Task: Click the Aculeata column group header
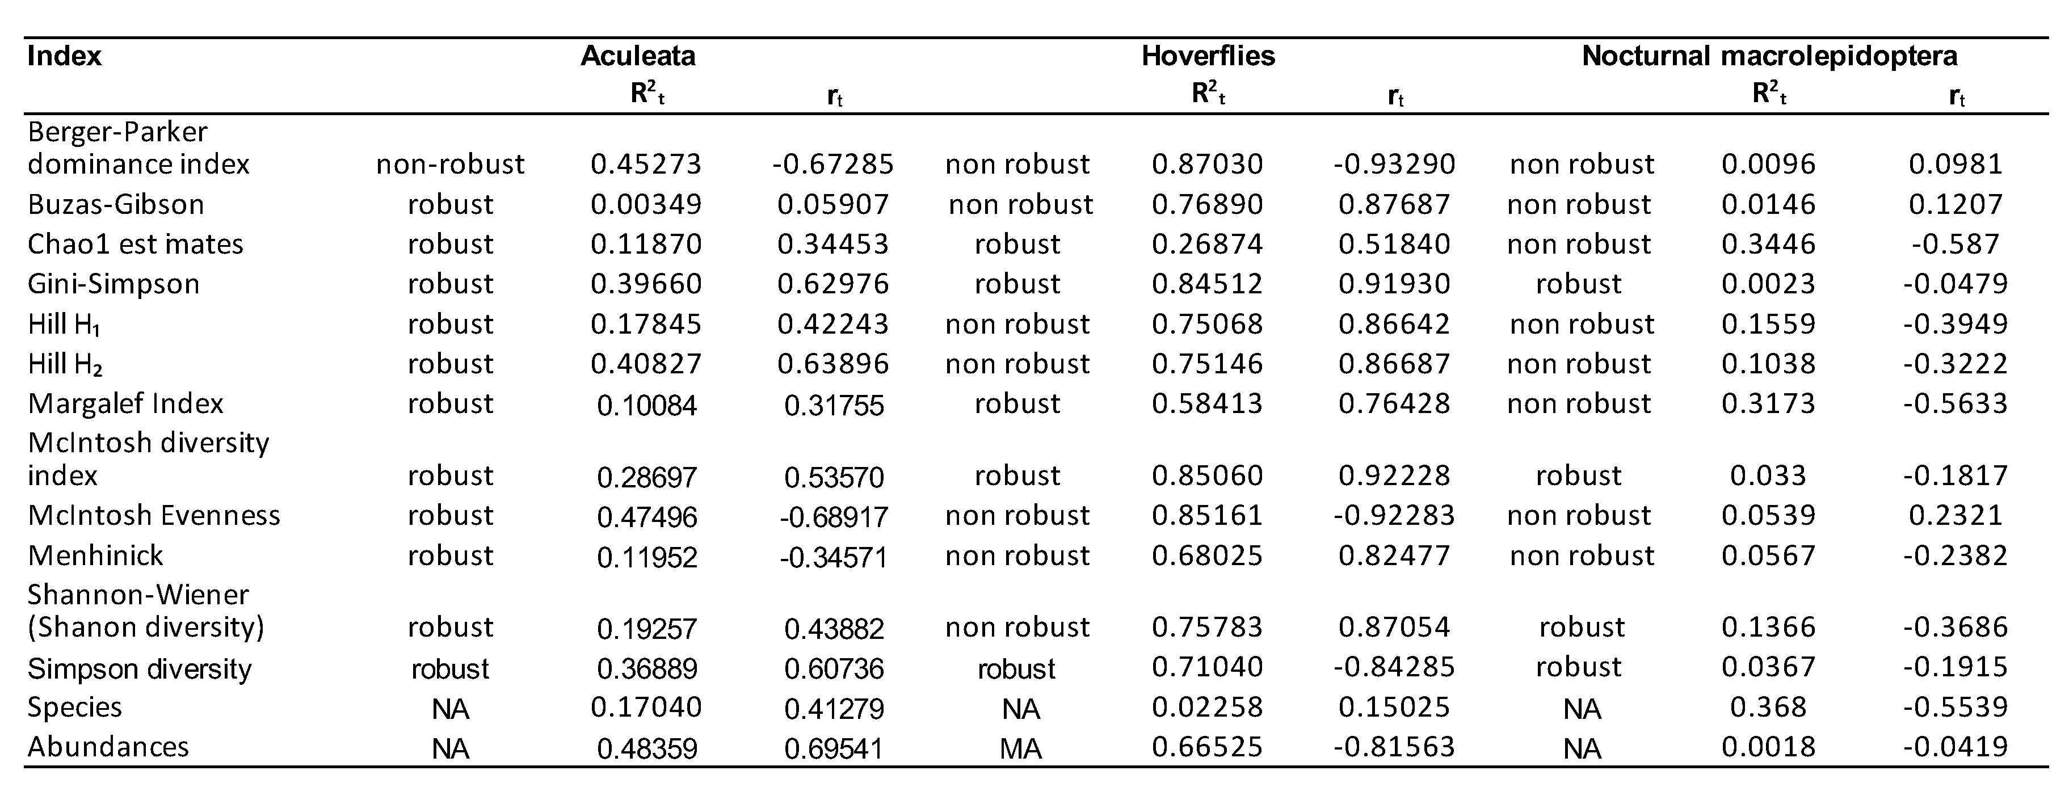(638, 56)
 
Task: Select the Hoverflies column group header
(1208, 56)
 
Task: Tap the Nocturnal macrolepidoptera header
(1769, 56)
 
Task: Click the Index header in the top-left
(64, 56)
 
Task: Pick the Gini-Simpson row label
(113, 284)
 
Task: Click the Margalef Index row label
(125, 403)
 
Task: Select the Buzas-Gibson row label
(116, 205)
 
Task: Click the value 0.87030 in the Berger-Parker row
(1207, 165)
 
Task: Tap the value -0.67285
(833, 165)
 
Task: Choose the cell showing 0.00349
(646, 205)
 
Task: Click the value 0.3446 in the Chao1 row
(1768, 244)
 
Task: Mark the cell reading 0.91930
(1394, 284)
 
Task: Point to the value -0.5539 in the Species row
(1955, 707)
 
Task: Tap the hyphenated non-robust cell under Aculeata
(450, 165)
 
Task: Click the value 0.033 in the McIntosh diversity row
(1768, 475)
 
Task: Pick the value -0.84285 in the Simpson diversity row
(1394, 667)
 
